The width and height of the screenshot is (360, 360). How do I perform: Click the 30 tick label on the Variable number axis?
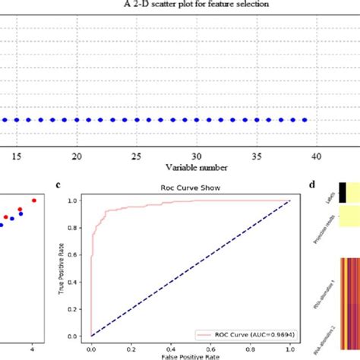(x=197, y=154)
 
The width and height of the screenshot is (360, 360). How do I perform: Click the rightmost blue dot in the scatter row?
(x=305, y=120)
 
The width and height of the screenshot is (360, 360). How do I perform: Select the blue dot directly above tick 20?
(x=77, y=120)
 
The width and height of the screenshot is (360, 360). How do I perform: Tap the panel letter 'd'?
(x=314, y=185)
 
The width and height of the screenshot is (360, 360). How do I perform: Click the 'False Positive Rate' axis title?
(x=190, y=355)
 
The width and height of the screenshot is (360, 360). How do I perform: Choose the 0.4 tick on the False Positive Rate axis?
(x=170, y=345)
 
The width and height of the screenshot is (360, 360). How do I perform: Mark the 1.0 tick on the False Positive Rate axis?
(x=289, y=345)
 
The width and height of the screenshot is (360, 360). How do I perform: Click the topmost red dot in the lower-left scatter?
(x=33, y=201)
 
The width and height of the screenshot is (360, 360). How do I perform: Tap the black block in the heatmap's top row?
(x=341, y=194)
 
